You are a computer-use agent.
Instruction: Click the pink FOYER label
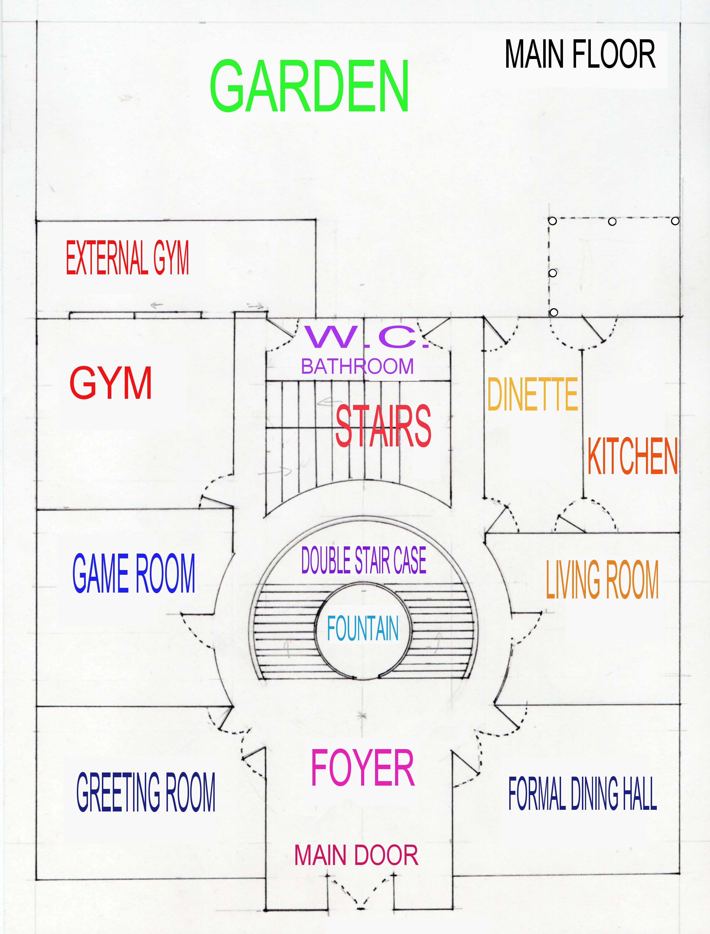click(x=363, y=768)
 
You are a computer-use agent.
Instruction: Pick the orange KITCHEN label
click(x=633, y=456)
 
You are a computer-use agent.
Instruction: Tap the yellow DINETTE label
click(x=532, y=394)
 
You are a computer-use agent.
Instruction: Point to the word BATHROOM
click(x=357, y=366)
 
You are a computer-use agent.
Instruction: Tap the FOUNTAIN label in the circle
click(x=363, y=629)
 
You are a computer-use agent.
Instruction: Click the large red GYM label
click(x=111, y=383)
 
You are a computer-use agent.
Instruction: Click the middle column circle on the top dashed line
click(x=612, y=221)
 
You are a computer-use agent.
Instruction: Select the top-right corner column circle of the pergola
click(x=675, y=221)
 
